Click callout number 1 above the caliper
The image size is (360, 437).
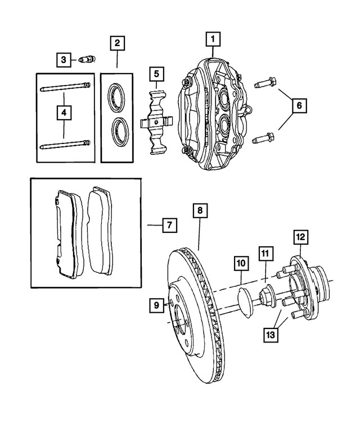coord(213,39)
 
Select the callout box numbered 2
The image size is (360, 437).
coord(117,43)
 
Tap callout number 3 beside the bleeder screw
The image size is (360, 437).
coord(64,59)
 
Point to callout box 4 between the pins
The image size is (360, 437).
coord(64,114)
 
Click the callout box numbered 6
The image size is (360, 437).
coord(299,105)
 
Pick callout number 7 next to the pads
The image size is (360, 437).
coord(168,226)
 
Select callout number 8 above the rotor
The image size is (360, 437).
coord(199,211)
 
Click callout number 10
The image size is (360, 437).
coord(241,263)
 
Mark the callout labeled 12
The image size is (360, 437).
coord(300,237)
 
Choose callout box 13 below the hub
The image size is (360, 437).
coord(272,334)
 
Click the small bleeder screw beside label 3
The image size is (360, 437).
coord(87,59)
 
